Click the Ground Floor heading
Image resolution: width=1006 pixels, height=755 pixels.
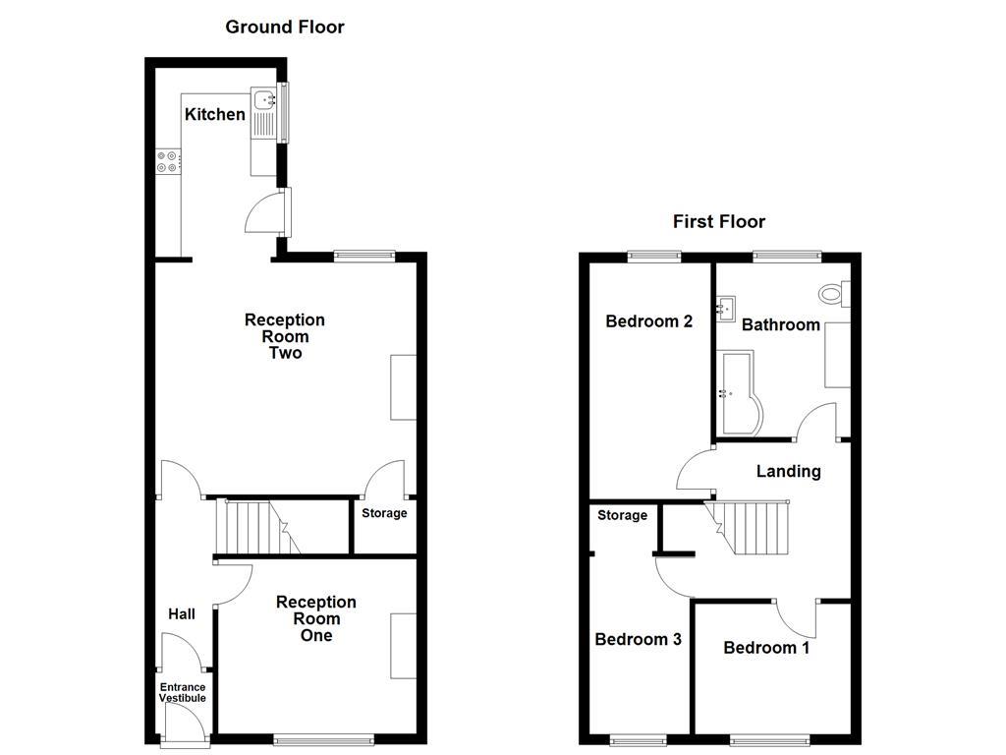click(x=285, y=27)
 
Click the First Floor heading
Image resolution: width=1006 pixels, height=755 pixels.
click(x=718, y=221)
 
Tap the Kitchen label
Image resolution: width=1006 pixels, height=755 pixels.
click(x=215, y=115)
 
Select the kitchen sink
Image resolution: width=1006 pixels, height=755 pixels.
click(x=264, y=99)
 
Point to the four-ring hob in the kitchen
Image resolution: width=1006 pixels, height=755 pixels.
click(x=167, y=161)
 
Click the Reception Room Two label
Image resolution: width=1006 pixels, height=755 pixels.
click(x=285, y=336)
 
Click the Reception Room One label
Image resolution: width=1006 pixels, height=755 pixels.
click(x=316, y=618)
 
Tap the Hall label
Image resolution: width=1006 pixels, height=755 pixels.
click(x=182, y=614)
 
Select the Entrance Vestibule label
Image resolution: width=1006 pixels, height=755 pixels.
click(x=183, y=693)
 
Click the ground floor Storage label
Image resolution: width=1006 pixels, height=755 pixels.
click(x=384, y=513)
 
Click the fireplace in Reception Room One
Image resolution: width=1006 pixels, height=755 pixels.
click(x=403, y=645)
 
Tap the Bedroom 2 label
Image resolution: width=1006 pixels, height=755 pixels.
click(x=649, y=321)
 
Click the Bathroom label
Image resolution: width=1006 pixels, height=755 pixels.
click(x=780, y=324)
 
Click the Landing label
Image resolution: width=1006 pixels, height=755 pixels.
click(x=788, y=472)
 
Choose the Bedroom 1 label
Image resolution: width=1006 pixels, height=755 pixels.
click(x=766, y=648)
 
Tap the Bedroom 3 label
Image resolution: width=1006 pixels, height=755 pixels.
click(x=638, y=640)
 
